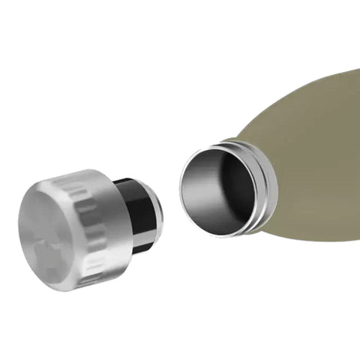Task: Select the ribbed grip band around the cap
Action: coord(94,225)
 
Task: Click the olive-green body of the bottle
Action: coord(315,150)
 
